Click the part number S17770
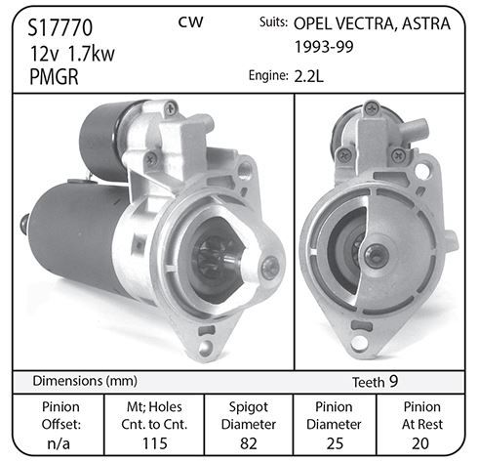60,27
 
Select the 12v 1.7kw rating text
72,54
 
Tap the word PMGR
54,77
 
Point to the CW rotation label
190,22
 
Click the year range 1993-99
324,47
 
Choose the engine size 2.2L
309,76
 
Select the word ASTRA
426,23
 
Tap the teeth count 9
393,381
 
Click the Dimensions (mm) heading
85,381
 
